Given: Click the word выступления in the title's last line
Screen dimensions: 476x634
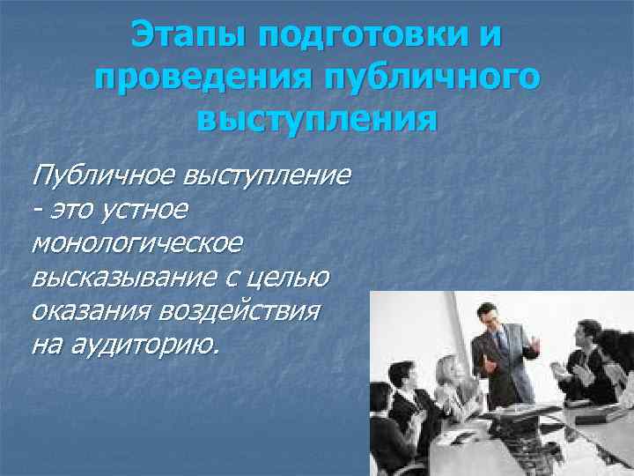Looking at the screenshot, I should [317, 117].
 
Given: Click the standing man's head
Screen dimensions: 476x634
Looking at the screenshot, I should [488, 315].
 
